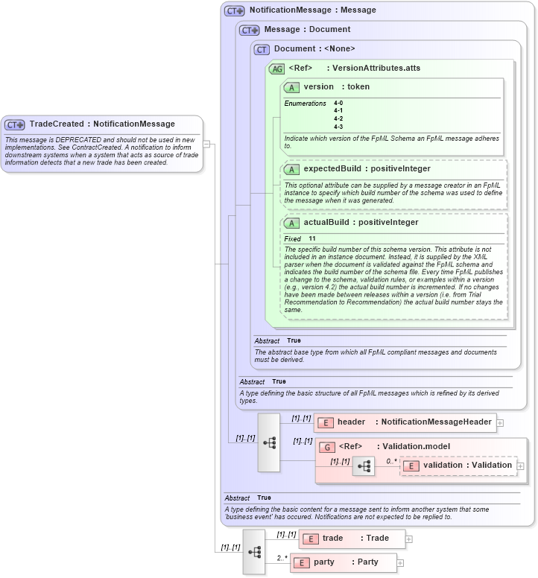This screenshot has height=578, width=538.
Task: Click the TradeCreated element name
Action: pos(56,124)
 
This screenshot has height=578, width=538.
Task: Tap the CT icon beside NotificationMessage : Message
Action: pos(235,11)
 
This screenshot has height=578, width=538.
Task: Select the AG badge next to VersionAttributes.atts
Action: pos(277,69)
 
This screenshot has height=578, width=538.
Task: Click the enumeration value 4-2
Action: pos(338,119)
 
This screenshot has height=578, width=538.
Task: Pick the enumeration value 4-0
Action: pos(338,103)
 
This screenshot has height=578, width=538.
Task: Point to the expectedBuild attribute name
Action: pos(332,168)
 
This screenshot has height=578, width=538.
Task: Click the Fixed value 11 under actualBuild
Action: pos(313,238)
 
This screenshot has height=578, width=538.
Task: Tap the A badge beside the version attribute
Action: pos(291,87)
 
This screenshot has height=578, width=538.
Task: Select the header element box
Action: pos(404,422)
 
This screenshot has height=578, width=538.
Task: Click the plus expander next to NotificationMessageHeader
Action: pos(500,422)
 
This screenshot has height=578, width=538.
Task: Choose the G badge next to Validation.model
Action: pos(326,447)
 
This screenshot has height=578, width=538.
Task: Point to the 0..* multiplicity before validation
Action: pos(391,461)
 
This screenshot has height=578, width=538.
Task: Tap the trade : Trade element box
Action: pos(352,539)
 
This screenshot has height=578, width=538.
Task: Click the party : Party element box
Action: pos(344,562)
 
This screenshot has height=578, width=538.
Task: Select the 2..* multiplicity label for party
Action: pos(282,558)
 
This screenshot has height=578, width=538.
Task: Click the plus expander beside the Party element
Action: pos(401,562)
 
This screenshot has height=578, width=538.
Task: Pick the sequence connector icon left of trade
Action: pos(254,551)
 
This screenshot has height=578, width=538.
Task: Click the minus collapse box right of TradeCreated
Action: pos(207,144)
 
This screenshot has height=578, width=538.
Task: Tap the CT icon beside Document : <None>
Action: pos(262,49)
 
